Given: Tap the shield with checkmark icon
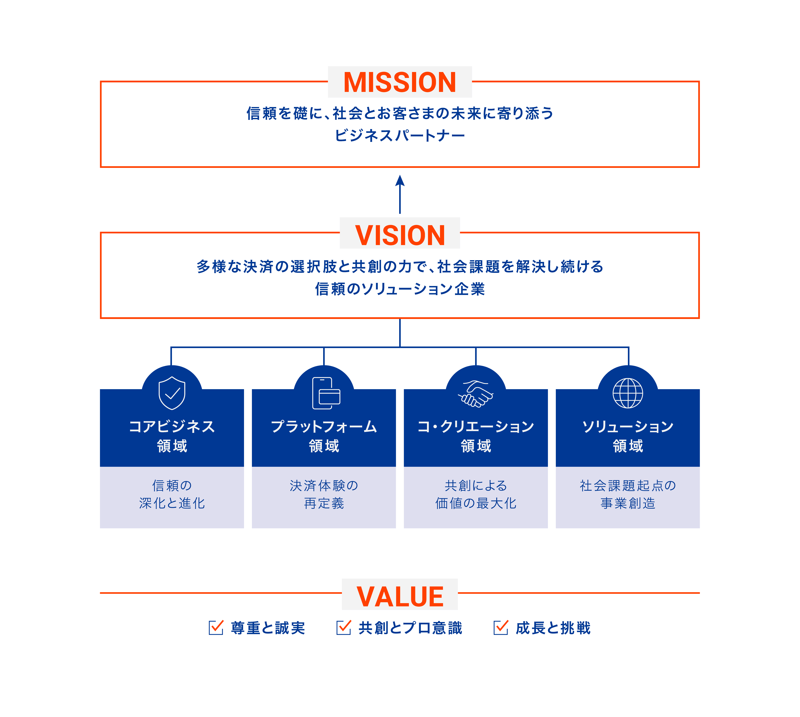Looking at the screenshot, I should [172, 393].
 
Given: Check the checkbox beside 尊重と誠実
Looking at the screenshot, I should [216, 628].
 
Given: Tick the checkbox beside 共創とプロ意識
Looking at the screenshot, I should [343, 628].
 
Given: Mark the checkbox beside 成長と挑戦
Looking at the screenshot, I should [500, 628].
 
